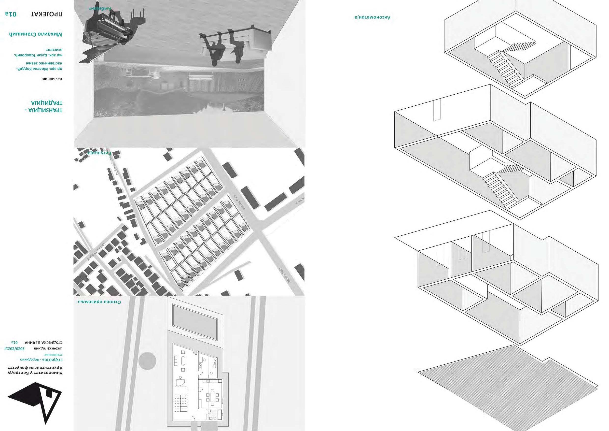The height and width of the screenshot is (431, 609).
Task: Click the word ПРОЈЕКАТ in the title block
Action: [x=47, y=14]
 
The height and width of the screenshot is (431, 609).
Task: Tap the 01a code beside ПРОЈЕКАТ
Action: [x=11, y=14]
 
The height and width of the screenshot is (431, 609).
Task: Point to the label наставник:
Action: [x=52, y=79]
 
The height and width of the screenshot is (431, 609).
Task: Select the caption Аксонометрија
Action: [x=373, y=17]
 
